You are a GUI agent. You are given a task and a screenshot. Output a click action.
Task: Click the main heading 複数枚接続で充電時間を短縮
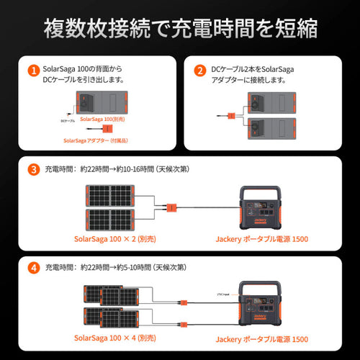[x=180, y=30]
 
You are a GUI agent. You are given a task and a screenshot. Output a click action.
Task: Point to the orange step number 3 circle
[x=32, y=170]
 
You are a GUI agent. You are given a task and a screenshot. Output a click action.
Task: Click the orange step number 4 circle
[x=32, y=267]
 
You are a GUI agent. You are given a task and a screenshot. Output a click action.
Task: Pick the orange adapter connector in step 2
[x=231, y=114]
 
